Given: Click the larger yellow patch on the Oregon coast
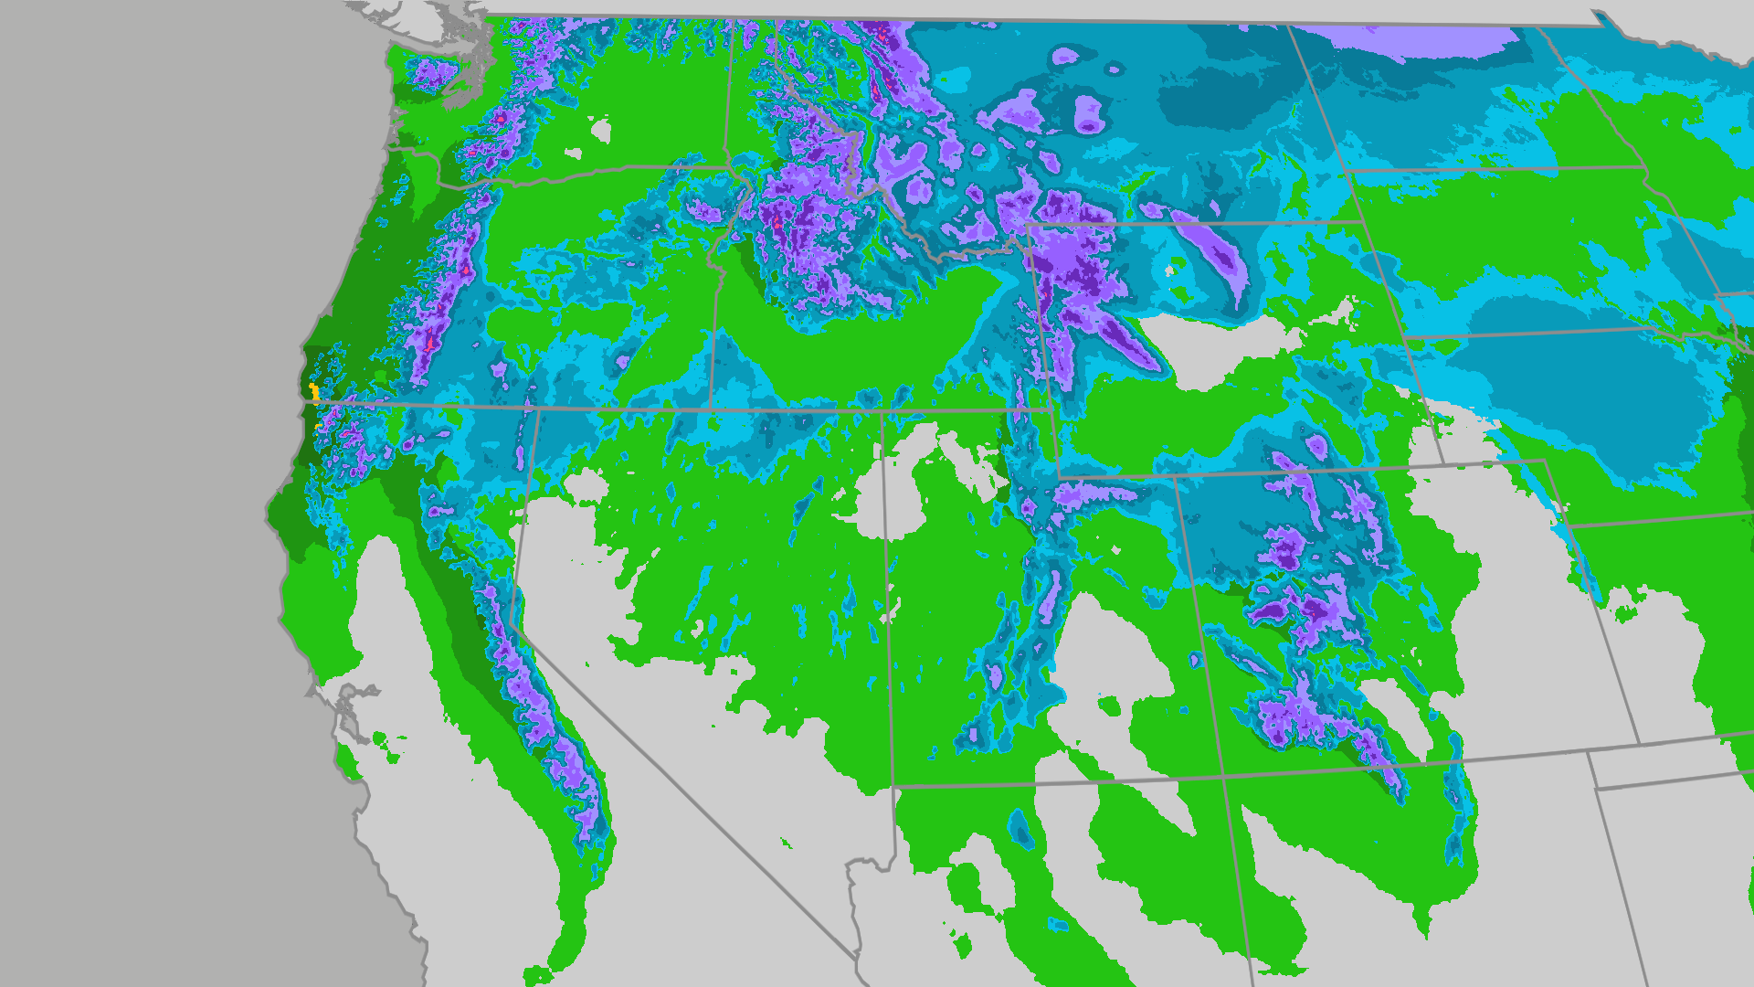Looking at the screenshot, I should (x=314, y=393).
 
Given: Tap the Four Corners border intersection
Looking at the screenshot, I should (x=1223, y=777).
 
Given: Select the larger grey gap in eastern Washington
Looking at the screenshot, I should (x=601, y=131).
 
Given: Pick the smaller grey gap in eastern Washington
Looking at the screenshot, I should (x=573, y=154).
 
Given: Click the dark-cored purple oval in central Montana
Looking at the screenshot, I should (x=1088, y=115).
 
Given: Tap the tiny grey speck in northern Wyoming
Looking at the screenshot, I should (x=1169, y=271).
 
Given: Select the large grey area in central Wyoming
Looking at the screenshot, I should (x=1224, y=347).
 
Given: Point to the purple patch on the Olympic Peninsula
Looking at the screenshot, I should (x=432, y=73).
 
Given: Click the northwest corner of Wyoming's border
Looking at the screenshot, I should (x=1028, y=225).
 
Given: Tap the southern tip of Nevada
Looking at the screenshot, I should (x=858, y=956).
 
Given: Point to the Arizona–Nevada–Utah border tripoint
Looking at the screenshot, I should (x=893, y=786).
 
